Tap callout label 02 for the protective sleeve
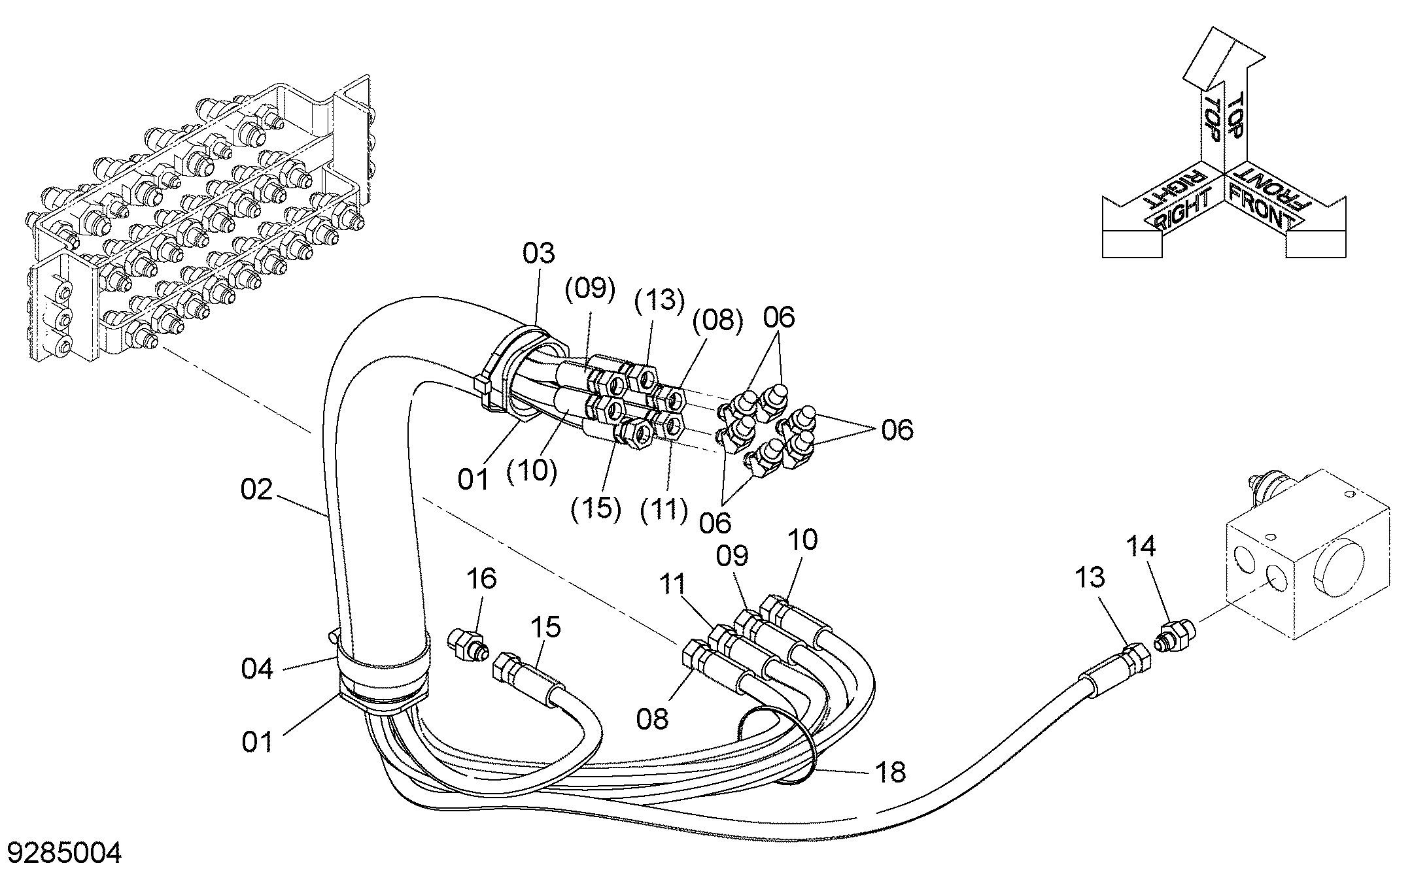[x=256, y=489]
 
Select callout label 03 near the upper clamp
[x=538, y=254]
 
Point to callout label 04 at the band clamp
[x=257, y=669]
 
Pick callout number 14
[x=1141, y=546]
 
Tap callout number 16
[x=481, y=579]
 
